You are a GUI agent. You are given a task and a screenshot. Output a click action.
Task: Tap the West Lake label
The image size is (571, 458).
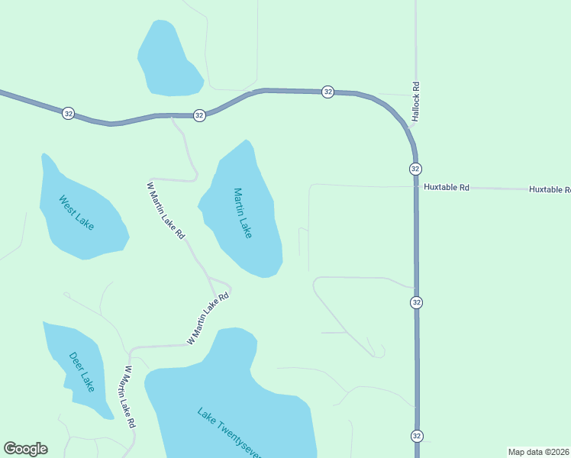click(77, 213)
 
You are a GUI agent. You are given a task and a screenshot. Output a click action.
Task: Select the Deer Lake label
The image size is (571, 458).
click(82, 371)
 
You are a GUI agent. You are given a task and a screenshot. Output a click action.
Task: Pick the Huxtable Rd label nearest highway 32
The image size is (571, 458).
click(446, 186)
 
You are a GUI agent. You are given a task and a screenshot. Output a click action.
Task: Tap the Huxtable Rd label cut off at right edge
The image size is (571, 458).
click(550, 189)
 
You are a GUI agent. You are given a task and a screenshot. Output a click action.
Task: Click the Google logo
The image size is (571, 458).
click(25, 449)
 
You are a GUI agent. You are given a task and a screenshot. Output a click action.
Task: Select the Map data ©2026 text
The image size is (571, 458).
click(539, 452)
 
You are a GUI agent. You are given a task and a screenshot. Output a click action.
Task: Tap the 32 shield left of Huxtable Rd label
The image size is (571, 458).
click(415, 169)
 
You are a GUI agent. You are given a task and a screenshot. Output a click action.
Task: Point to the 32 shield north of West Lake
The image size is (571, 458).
click(69, 113)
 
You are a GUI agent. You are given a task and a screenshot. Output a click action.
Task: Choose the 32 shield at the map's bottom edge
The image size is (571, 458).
click(416, 436)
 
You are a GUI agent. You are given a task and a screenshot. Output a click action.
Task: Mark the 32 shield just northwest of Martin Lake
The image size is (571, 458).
click(199, 115)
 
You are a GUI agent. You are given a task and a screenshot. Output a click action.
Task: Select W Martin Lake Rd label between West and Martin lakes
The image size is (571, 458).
click(166, 211)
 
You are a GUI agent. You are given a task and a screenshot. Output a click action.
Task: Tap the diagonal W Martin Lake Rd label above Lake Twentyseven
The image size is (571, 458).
click(208, 318)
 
